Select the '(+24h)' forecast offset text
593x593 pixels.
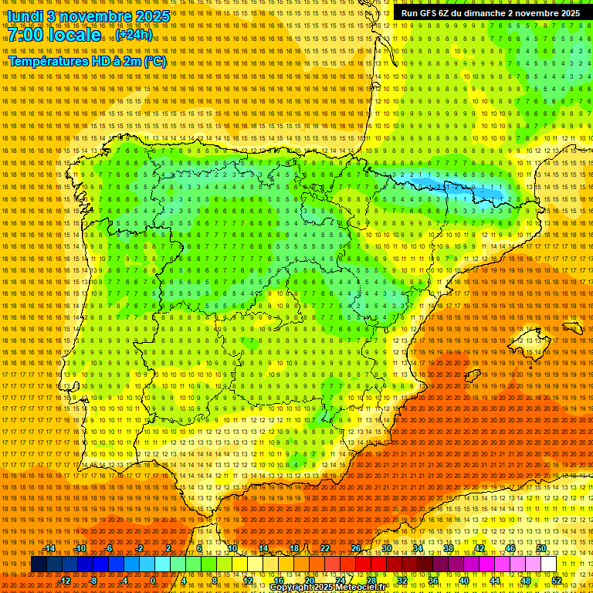pos(134,35)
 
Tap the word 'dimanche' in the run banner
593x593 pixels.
pos(485,13)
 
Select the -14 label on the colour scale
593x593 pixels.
pos(50,548)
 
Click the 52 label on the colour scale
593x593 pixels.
pos(557,581)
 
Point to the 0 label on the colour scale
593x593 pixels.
pos(153,581)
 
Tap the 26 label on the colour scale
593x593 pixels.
pos(356,548)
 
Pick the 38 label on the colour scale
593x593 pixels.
pos(448,548)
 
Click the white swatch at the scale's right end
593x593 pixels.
pos(549,564)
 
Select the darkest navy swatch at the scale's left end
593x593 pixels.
pos(39,564)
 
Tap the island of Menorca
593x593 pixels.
pos(572,327)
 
